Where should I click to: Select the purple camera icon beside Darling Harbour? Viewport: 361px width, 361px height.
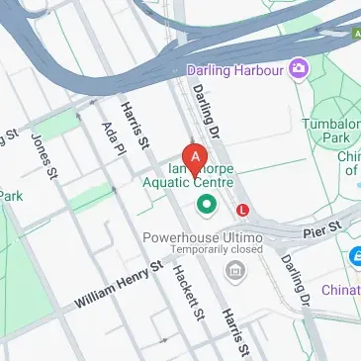tap(296, 69)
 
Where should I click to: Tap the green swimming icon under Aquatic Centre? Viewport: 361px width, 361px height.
tap(207, 205)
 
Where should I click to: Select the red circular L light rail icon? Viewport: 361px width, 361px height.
tap(243, 209)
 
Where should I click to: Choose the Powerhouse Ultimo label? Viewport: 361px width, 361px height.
tap(202, 238)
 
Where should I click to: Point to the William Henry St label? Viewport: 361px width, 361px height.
tap(118, 285)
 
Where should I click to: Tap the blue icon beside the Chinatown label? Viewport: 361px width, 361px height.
tap(354, 259)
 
